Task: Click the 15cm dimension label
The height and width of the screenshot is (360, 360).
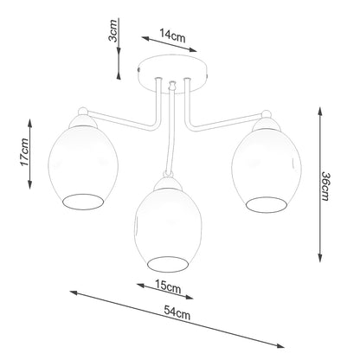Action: (x=167, y=286)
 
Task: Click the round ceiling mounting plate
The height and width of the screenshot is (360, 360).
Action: (x=177, y=71)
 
